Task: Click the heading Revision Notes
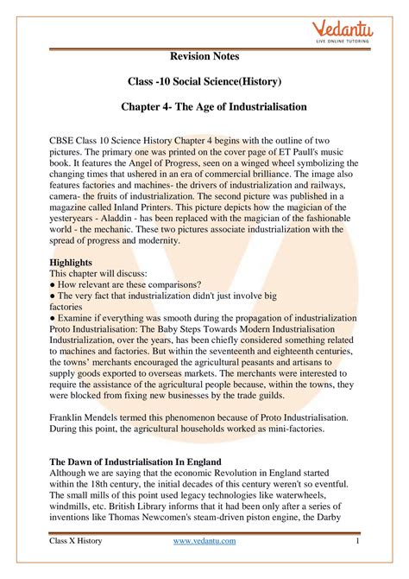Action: (204, 56)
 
